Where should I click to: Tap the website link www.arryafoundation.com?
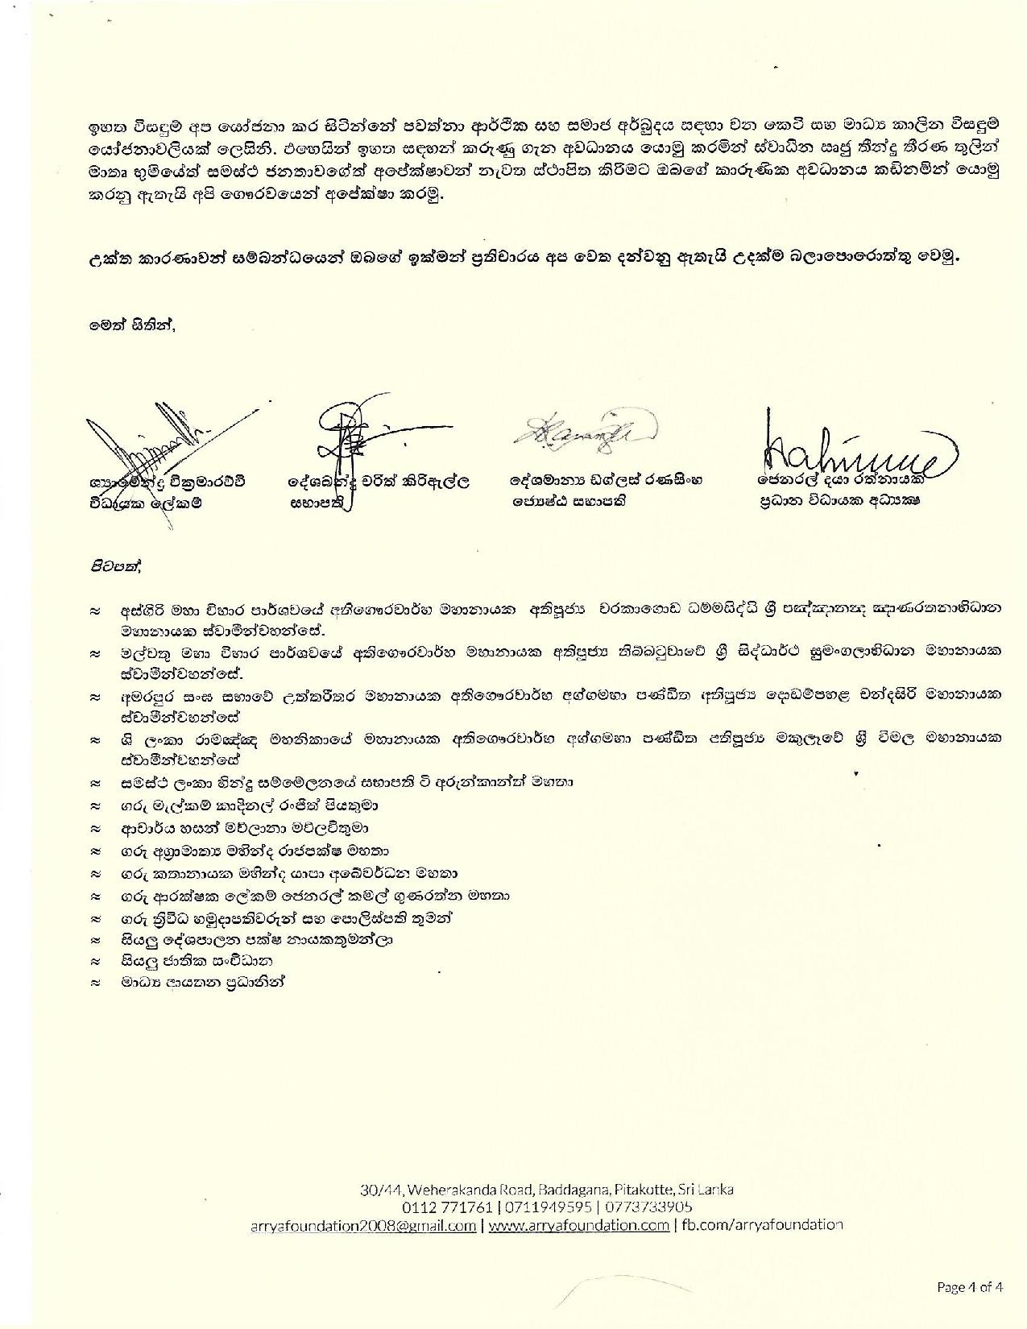tap(578, 1225)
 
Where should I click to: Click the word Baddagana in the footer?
tap(570, 1189)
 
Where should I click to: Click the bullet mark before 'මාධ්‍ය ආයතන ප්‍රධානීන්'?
tap(96, 983)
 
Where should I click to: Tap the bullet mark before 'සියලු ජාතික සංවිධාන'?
tap(96, 962)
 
